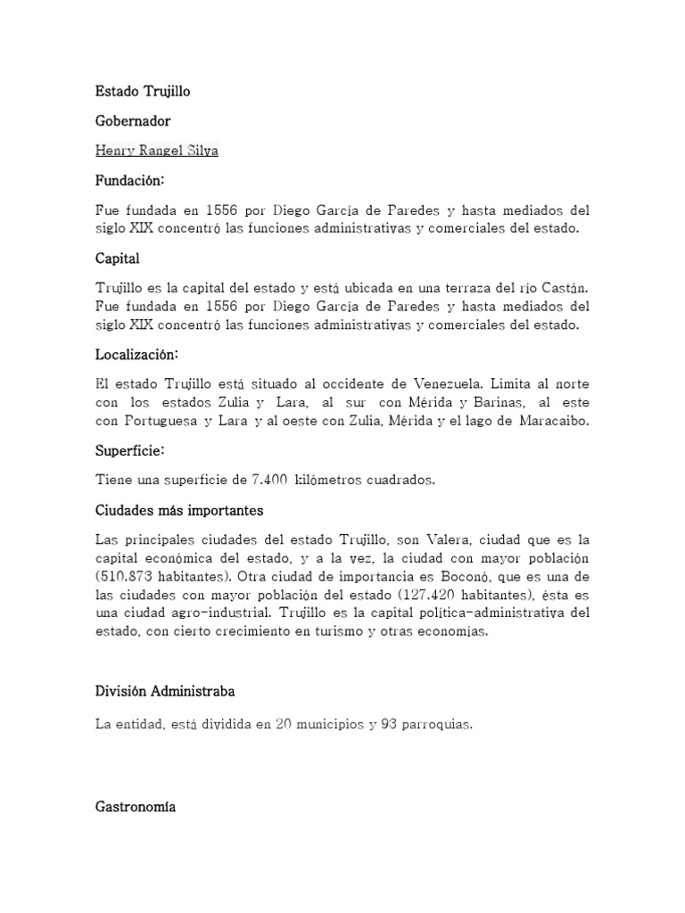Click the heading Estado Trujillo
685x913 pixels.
click(x=143, y=91)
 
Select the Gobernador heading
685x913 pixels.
click(x=133, y=120)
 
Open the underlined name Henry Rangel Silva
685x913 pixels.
click(x=156, y=151)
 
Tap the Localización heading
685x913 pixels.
click(x=136, y=354)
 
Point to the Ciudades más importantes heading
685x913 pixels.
click(x=179, y=511)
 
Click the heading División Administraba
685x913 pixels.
click(x=166, y=691)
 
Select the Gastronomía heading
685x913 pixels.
click(x=136, y=807)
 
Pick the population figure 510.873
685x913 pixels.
click(x=125, y=576)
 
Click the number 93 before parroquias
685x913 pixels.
click(x=389, y=725)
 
